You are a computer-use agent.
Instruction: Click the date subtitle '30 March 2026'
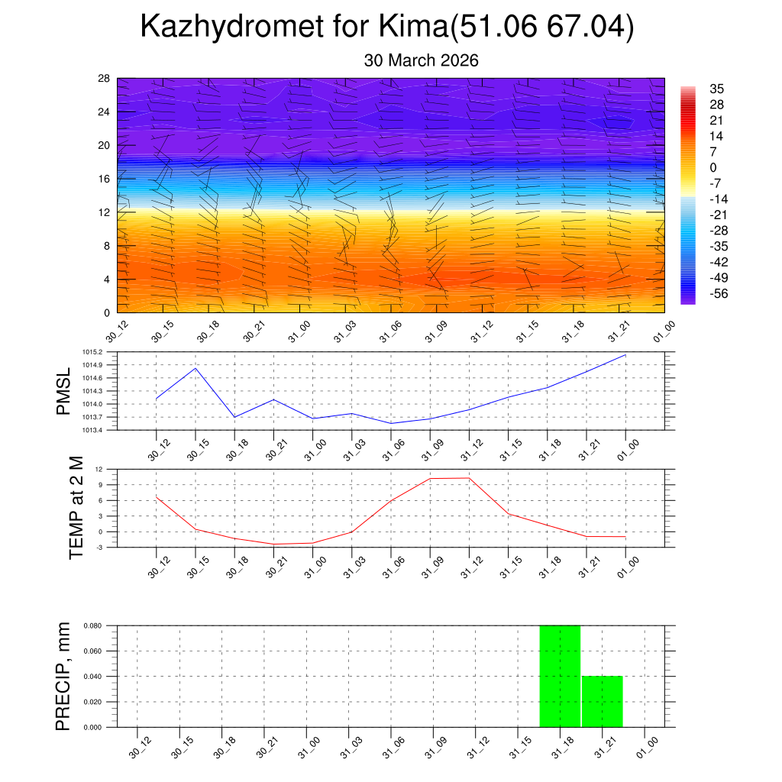421,60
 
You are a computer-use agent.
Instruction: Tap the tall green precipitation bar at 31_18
560,676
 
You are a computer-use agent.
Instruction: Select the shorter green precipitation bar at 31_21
602,701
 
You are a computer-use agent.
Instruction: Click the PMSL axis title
63,391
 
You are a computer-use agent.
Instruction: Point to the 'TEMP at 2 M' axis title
76,507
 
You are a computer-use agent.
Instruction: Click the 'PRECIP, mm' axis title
63,676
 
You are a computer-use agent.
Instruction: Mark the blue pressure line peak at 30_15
195,368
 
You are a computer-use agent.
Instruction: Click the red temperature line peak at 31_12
469,478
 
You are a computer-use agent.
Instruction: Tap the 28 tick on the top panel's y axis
105,79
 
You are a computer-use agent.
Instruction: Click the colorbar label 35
716,89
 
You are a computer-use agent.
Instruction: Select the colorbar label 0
713,167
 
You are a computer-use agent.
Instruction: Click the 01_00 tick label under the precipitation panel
645,747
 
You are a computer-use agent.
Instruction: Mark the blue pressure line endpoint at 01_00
625,355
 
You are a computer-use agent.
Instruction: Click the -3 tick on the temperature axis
100,548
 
